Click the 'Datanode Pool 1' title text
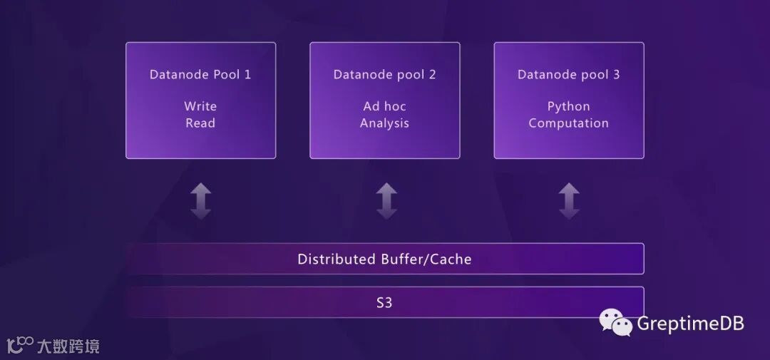tap(200, 74)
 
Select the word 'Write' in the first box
tap(200, 106)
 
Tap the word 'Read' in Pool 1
tap(200, 123)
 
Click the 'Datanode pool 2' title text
tap(384, 74)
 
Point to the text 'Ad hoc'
tap(384, 106)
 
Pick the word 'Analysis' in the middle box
tap(384, 123)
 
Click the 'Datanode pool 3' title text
tap(568, 74)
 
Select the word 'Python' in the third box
tap(568, 106)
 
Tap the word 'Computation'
tap(568, 123)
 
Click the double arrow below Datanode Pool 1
tap(201, 200)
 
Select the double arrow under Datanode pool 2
tap(386, 200)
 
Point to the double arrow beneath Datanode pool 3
tap(569, 200)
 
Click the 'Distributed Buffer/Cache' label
tap(384, 259)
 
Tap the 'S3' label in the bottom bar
tap(384, 302)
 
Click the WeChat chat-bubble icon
tap(615, 323)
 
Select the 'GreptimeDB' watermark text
tap(690, 323)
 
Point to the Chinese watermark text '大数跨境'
tap(68, 346)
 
